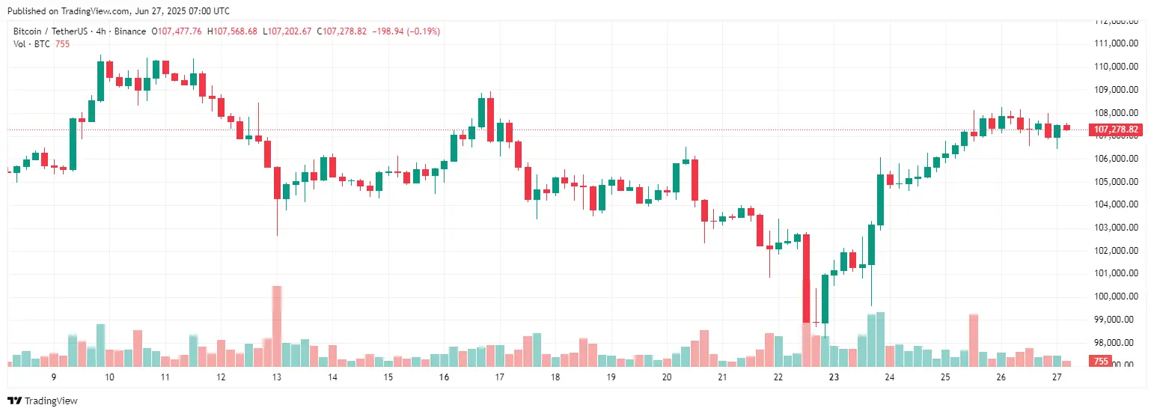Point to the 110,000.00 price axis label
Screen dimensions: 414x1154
tap(1116, 67)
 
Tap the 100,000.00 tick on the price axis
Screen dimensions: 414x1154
tap(1116, 296)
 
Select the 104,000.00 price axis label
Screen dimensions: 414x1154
tap(1116, 204)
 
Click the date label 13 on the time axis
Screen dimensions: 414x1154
tap(276, 377)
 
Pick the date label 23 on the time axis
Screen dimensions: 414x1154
tap(834, 377)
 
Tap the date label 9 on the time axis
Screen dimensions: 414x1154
tap(53, 377)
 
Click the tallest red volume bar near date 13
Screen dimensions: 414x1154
tap(277, 326)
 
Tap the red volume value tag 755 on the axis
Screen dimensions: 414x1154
tap(1101, 362)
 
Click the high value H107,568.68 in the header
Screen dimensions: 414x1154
tap(232, 31)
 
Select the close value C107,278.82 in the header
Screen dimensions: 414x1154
tap(341, 31)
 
